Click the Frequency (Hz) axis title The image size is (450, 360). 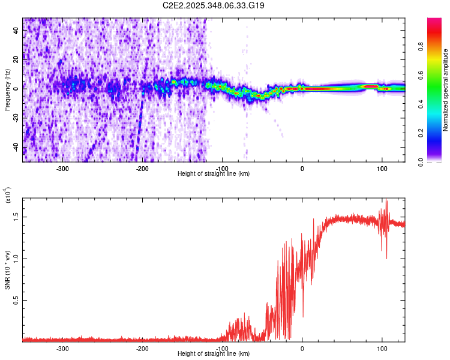click(x=7, y=90)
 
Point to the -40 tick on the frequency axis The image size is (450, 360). click(x=16, y=147)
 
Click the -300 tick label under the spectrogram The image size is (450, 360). click(x=63, y=168)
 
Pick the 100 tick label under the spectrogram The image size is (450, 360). click(x=382, y=168)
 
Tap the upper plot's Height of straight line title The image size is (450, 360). click(x=214, y=174)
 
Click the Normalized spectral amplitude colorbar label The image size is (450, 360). click(x=446, y=90)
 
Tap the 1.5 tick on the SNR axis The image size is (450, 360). click(x=16, y=216)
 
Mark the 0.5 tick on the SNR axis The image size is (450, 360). click(x=16, y=301)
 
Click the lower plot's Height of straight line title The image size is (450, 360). click(x=214, y=354)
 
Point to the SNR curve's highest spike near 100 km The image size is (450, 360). click(x=386, y=201)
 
